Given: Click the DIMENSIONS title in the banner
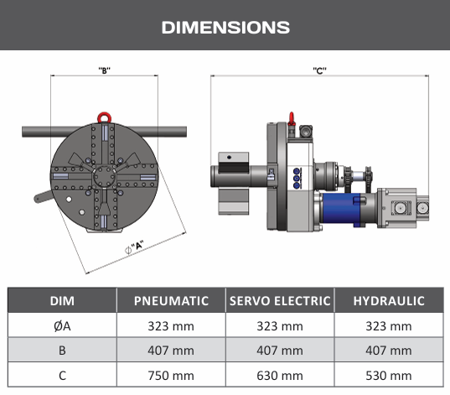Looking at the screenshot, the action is [225, 28].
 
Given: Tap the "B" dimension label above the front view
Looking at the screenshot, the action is [105, 70].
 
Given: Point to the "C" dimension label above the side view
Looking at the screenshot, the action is [320, 70].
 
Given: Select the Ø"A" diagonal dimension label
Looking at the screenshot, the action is [134, 247].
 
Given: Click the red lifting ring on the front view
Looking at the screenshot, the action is [104, 117].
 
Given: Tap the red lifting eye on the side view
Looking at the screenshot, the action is [292, 118].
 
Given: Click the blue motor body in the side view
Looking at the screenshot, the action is [341, 208].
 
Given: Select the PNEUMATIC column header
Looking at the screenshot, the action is [171, 301].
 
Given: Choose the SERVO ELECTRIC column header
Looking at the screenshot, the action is [280, 301].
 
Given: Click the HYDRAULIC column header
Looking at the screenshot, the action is [389, 301].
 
